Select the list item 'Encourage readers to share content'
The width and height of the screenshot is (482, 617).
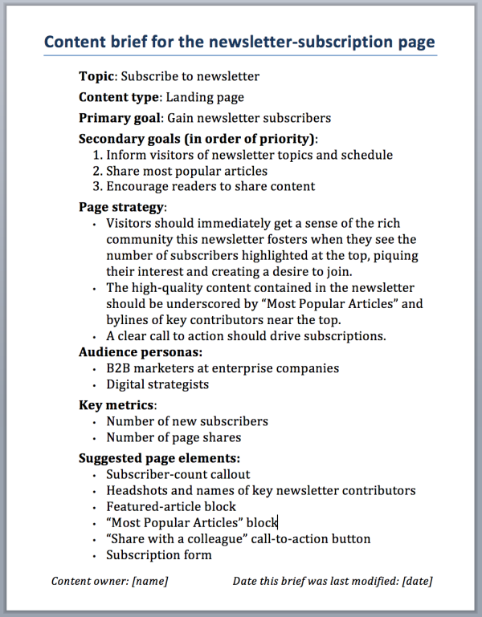[x=210, y=186]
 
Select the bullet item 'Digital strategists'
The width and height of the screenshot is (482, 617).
[x=157, y=384]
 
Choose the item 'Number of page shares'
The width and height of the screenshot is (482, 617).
[x=174, y=437]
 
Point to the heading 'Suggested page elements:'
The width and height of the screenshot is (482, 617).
[x=159, y=458]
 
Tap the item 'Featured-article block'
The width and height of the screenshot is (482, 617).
[x=171, y=506]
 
